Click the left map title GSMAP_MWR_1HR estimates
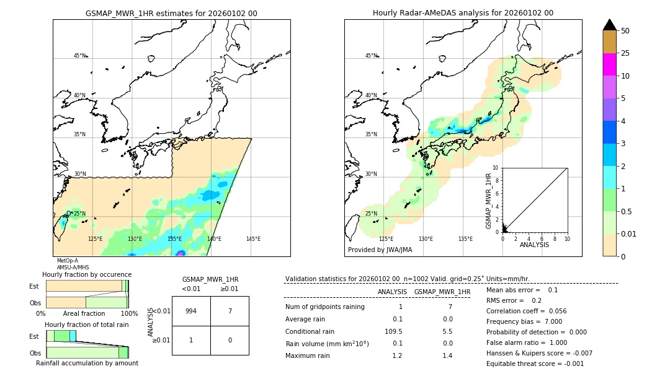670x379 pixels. pyautogui.click(x=171, y=13)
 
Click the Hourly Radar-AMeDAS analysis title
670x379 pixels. pyautogui.click(x=463, y=13)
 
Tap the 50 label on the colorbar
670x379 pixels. pyautogui.click(x=625, y=31)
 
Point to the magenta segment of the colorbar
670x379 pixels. pyautogui.click(x=609, y=64)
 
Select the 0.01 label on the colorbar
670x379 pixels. pyautogui.click(x=629, y=233)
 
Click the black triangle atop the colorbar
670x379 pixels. pyautogui.click(x=609, y=25)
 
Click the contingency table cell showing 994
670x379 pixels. pyautogui.click(x=191, y=311)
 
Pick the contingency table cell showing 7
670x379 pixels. pyautogui.click(x=230, y=311)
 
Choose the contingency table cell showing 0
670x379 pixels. pyautogui.click(x=230, y=340)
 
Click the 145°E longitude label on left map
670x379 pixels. pyautogui.click(x=253, y=239)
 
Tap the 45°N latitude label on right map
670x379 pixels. pyautogui.click(x=371, y=56)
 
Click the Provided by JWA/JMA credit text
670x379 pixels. pyautogui.click(x=380, y=250)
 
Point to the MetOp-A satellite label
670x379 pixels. pyautogui.click(x=67, y=261)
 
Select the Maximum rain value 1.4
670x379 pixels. pyautogui.click(x=447, y=355)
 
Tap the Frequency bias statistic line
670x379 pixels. pyautogui.click(x=524, y=321)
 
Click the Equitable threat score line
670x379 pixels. pyautogui.click(x=535, y=364)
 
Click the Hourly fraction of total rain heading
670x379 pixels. pyautogui.click(x=86, y=325)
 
